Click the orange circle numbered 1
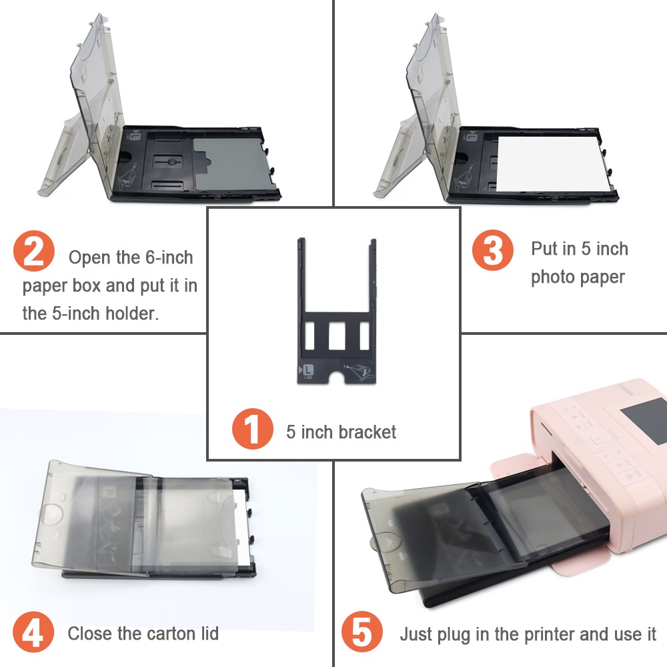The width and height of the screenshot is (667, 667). (252, 428)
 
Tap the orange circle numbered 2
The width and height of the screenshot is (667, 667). (34, 251)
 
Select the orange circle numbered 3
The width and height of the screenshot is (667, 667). (493, 249)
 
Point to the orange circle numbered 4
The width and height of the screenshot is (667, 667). (33, 632)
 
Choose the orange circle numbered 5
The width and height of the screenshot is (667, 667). (362, 632)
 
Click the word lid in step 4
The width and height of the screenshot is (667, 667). (208, 634)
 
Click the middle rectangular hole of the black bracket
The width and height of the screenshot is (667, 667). (336, 336)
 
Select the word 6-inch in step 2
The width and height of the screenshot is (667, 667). (169, 257)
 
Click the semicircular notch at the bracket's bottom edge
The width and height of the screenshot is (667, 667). (336, 377)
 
